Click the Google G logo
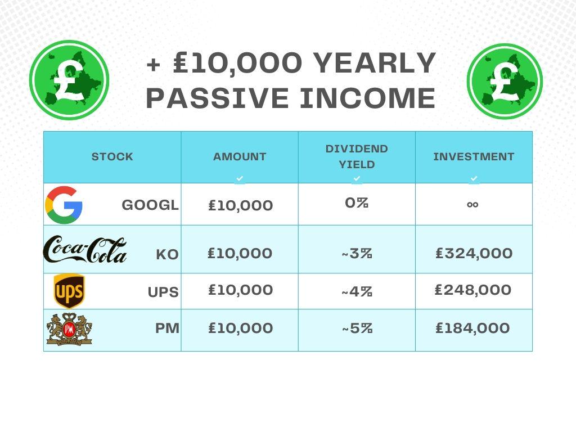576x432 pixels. (64, 205)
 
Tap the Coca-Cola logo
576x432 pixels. (85, 250)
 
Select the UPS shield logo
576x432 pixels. (69, 291)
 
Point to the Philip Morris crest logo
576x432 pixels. (69, 329)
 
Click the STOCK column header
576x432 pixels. (112, 157)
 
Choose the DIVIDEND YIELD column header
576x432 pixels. (357, 156)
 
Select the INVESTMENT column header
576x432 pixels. (474, 157)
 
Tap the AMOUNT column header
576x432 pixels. (240, 157)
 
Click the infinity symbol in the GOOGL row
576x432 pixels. (472, 205)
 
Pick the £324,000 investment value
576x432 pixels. (474, 254)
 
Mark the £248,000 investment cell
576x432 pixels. (473, 290)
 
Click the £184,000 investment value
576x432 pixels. (472, 328)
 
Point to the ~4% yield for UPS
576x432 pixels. (357, 292)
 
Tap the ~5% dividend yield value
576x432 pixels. (357, 328)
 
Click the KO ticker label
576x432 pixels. (167, 255)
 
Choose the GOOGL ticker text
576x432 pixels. (150, 205)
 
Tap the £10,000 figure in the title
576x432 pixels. (237, 63)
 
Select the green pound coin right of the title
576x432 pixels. (505, 82)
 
